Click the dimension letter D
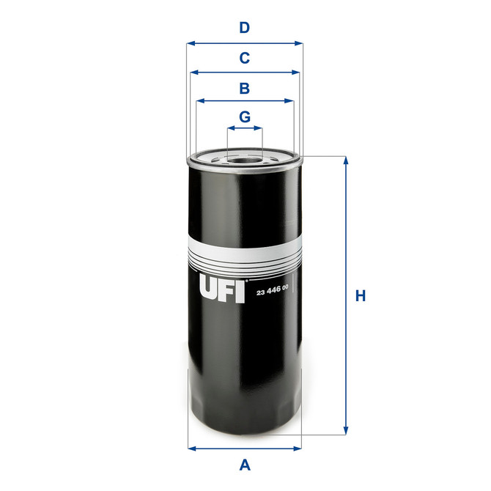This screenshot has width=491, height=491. click(245, 29)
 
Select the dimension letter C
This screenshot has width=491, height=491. click(245, 57)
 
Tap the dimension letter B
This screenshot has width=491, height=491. click(245, 88)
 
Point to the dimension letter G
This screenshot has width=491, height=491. click(245, 117)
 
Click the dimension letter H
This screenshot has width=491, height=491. click(360, 296)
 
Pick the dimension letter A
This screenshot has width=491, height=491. click(245, 463)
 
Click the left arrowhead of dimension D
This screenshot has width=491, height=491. click(190, 43)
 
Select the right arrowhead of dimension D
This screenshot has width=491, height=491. click(299, 43)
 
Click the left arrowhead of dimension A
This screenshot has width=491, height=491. click(192, 448)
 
